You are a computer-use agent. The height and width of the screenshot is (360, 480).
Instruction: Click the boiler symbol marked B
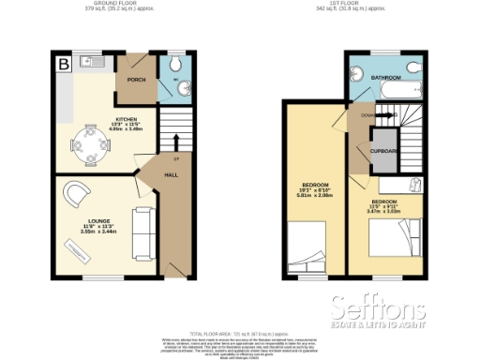pos(64,65)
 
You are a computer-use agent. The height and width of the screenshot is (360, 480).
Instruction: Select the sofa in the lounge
pos(143,232)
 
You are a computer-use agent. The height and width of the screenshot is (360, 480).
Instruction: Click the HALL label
pos(171,174)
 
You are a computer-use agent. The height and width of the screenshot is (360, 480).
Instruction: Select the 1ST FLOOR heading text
pos(364,5)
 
